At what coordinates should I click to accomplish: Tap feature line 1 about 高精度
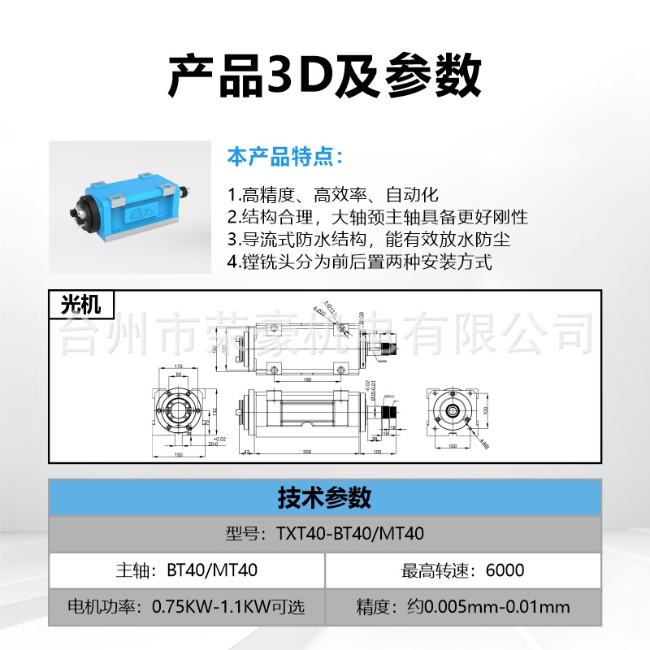pos(332,195)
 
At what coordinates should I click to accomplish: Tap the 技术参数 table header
pos(325,496)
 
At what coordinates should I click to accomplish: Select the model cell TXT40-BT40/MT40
pos(325,534)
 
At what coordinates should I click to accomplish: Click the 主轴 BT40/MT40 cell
pos(187,570)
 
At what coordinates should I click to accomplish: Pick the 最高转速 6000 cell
pos(463,570)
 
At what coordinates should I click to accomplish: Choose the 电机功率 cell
pos(187,607)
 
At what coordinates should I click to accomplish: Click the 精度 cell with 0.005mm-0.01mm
pos(463,607)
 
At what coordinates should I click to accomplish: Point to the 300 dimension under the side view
pos(307,451)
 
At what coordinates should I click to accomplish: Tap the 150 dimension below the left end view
pos(178,454)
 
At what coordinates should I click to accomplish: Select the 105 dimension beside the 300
pos(377,451)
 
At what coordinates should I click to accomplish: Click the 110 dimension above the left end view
pos(178,366)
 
